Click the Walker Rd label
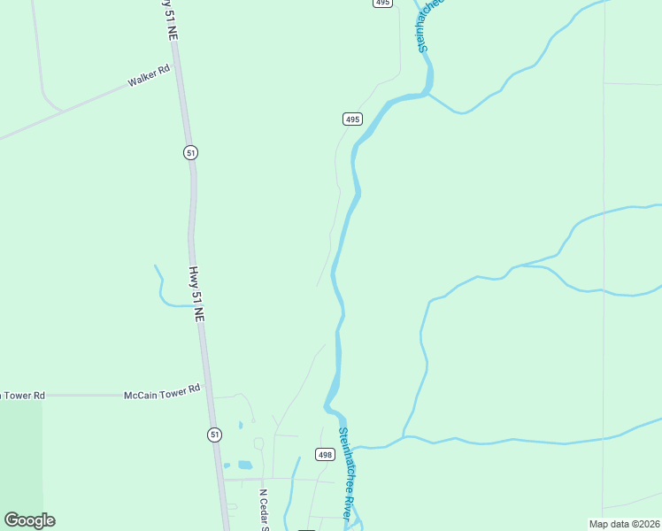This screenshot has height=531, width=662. point(148,76)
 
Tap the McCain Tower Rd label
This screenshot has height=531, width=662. point(162,389)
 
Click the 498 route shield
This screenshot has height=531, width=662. point(325,455)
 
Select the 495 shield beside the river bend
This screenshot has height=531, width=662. point(351,119)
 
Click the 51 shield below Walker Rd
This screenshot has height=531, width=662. point(190,152)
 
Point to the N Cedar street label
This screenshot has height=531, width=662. point(263,510)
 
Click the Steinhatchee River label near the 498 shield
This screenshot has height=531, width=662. point(349,474)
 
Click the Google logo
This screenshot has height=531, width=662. point(29,520)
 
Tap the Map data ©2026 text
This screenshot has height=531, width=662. point(625,524)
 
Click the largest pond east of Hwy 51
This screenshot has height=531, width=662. point(245,465)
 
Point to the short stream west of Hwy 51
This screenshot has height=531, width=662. point(162,289)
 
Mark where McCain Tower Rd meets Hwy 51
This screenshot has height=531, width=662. point(209,395)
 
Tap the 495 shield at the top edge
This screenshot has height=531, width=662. point(381,4)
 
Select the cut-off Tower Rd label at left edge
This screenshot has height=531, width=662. point(21,396)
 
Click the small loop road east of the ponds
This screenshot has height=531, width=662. point(258,442)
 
